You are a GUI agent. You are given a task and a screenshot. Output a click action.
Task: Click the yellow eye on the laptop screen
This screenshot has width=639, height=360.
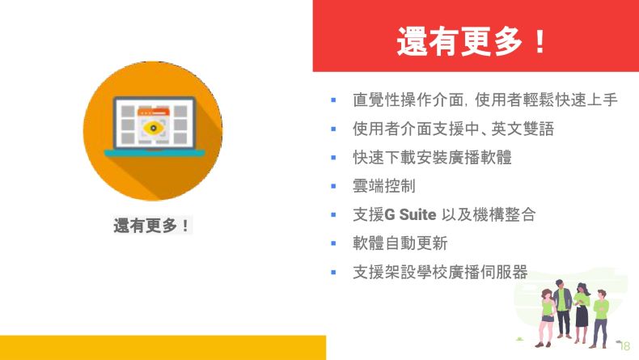153,128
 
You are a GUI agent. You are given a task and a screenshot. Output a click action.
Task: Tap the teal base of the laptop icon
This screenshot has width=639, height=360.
154,153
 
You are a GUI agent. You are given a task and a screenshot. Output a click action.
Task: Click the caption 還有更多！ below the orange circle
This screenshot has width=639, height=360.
151,225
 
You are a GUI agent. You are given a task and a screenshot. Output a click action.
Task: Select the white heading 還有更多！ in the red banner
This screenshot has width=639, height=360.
472,40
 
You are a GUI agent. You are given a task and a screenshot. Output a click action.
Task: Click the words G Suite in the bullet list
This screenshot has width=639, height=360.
410,214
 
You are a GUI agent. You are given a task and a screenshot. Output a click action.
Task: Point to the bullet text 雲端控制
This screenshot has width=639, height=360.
384,186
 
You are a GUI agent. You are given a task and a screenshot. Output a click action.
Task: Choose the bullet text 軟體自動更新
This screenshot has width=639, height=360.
400,244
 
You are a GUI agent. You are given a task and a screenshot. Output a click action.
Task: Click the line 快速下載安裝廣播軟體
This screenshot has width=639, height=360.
432,158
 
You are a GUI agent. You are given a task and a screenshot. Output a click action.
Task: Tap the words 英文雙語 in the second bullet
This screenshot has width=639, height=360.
523,129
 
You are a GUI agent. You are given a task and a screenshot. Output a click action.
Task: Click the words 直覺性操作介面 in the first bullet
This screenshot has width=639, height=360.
408,100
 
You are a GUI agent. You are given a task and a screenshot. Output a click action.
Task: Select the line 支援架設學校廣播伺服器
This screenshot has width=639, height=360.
440,272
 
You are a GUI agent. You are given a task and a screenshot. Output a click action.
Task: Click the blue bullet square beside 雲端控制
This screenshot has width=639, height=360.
333,186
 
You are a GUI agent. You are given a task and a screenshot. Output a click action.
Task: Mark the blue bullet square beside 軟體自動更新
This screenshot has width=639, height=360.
333,244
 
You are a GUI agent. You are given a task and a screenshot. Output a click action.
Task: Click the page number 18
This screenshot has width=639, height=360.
624,345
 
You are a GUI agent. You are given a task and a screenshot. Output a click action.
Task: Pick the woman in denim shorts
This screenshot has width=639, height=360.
546,317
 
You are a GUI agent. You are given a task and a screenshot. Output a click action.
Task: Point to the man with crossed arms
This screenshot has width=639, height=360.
600,318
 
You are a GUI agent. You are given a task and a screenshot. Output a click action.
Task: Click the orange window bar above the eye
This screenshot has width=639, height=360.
153,112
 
